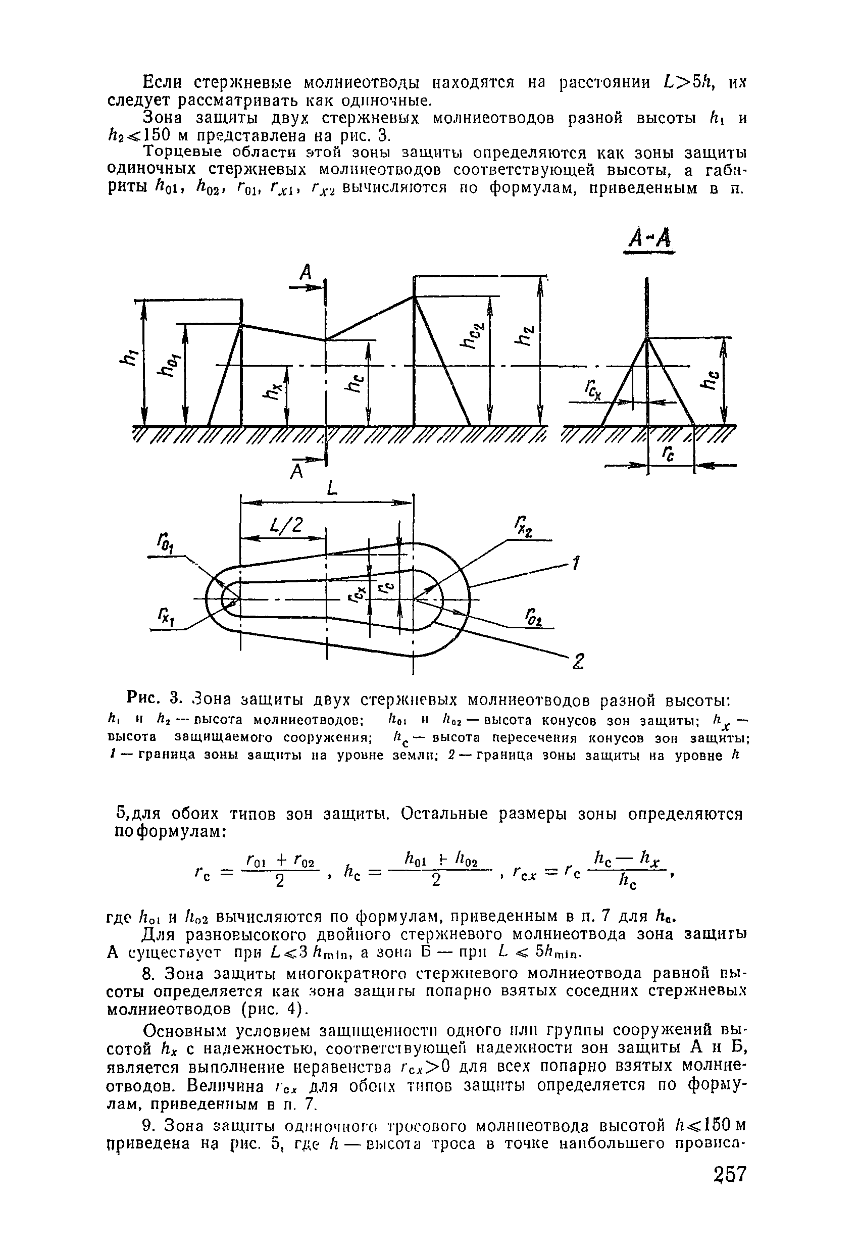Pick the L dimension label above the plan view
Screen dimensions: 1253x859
tap(333, 489)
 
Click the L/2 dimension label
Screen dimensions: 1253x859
tap(289, 526)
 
